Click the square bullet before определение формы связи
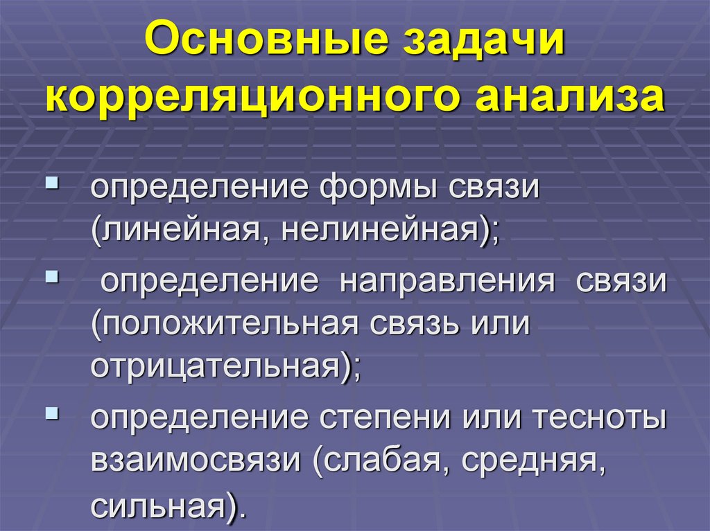click(53, 185)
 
